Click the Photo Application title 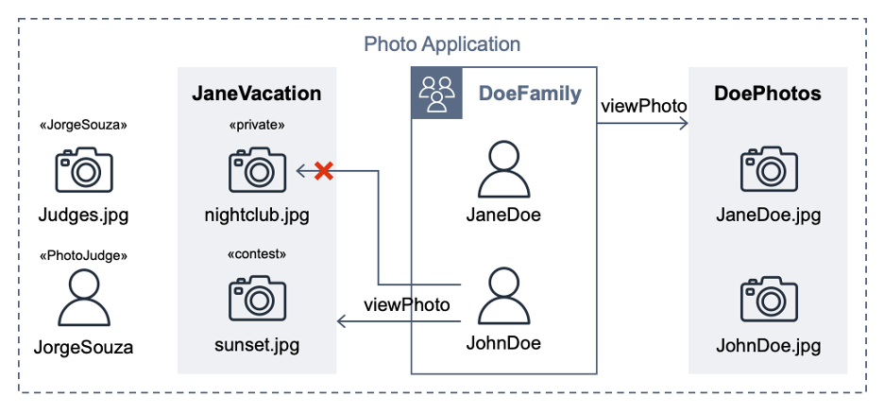[442, 44]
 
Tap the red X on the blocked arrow [323, 171]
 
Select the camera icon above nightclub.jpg [257, 170]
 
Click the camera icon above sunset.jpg [257, 299]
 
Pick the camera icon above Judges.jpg [84, 170]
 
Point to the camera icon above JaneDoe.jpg [768, 170]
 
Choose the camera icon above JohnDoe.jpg [768, 299]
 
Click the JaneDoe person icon [503, 169]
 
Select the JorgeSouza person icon [84, 299]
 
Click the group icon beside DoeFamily [436, 94]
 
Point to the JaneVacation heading [257, 94]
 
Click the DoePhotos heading [767, 94]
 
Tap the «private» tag [257, 125]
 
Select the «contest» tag [257, 253]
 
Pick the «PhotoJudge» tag [84, 254]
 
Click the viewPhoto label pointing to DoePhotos [643, 105]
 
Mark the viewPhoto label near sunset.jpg [406, 304]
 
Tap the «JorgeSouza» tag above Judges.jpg [84, 125]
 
